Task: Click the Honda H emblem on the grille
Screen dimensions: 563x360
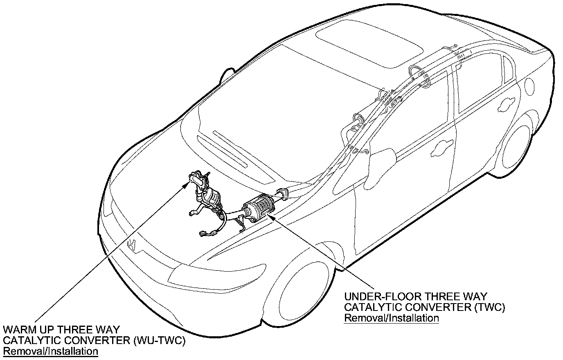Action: [132, 245]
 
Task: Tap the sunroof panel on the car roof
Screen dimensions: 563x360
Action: [369, 43]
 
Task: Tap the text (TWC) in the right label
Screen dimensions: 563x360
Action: [490, 307]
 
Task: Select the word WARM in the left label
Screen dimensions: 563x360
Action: [20, 329]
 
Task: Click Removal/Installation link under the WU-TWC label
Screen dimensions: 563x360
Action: [50, 351]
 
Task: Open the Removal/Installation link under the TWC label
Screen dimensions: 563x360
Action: [392, 318]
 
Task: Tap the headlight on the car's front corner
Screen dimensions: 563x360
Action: [216, 277]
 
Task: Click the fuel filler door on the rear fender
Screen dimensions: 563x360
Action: [529, 86]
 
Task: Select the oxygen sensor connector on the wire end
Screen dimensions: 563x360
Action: [203, 234]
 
